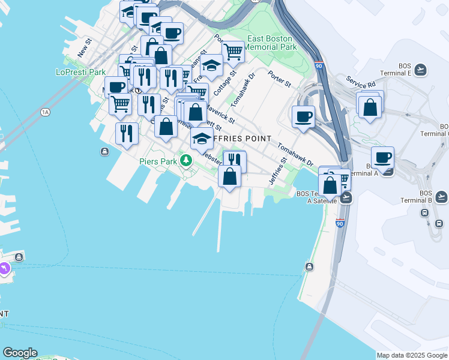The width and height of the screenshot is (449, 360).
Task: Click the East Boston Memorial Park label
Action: pos(271,42)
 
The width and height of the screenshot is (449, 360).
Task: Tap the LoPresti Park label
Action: pos(81,72)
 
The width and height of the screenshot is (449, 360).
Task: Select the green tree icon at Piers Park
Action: pos(187,160)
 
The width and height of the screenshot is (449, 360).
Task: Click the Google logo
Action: pos(20,353)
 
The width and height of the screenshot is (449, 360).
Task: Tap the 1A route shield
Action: pos(45,112)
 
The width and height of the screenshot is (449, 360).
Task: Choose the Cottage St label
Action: pos(221,85)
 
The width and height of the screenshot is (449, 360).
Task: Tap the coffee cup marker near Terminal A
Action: pos(382,158)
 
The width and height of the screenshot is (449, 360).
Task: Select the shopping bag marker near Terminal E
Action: pos(370,107)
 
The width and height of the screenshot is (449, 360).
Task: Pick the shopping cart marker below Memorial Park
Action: pos(233,52)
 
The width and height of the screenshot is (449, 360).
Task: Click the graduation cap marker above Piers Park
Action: pos(202,139)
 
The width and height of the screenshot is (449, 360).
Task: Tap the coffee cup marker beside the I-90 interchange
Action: pos(304,116)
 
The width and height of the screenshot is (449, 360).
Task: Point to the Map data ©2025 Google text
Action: pos(412,355)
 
